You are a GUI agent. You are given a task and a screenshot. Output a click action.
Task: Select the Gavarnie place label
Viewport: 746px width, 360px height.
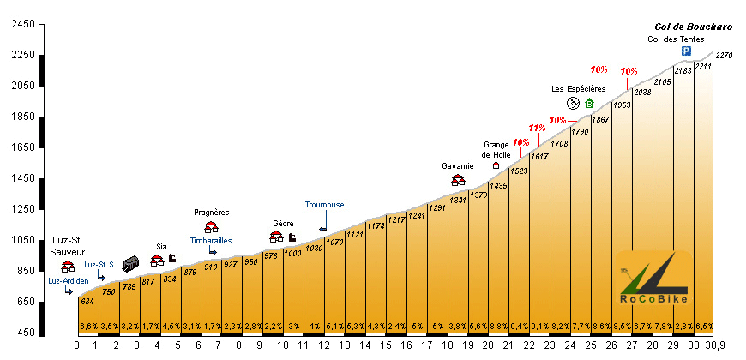click(x=458, y=166)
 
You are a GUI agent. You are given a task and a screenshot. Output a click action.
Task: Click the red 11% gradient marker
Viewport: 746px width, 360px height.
click(x=537, y=129)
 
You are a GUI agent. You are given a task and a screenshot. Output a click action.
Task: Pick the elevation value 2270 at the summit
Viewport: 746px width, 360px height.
click(x=724, y=56)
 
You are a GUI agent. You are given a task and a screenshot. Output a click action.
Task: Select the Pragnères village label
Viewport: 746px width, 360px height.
click(x=211, y=213)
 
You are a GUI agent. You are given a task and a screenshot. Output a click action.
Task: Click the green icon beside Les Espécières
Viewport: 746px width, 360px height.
click(x=589, y=103)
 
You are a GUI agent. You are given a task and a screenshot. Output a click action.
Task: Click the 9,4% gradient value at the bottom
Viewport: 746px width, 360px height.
click(x=520, y=326)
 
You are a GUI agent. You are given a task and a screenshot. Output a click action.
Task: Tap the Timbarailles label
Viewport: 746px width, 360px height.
click(x=211, y=241)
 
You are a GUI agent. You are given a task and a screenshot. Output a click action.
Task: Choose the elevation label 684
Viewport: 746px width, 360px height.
click(x=87, y=301)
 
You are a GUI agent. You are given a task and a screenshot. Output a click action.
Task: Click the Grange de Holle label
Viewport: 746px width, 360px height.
click(x=496, y=149)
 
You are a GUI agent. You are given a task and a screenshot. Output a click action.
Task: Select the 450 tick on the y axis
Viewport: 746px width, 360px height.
click(x=23, y=333)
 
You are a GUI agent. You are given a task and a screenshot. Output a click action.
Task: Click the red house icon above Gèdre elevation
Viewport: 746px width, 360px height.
click(x=276, y=237)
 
